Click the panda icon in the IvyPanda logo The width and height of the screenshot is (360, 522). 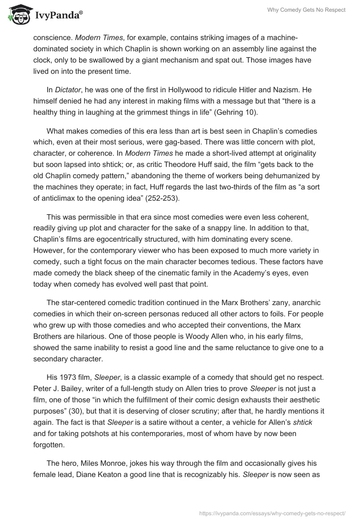coord(17,15)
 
